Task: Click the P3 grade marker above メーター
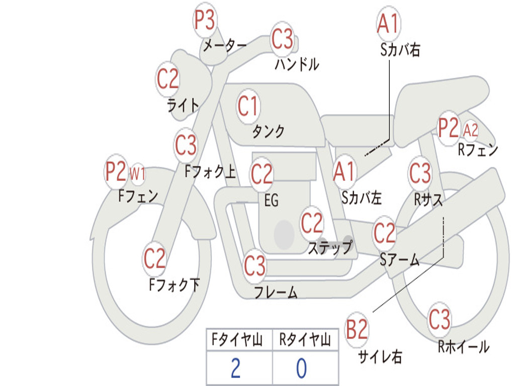click(x=205, y=20)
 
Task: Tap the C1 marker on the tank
click(x=248, y=107)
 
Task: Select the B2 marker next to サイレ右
click(x=357, y=329)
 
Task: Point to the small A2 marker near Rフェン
click(x=471, y=130)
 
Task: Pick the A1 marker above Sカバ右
click(x=389, y=24)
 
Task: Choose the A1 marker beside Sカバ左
click(x=344, y=171)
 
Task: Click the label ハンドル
click(x=297, y=64)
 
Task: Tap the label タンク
click(x=269, y=131)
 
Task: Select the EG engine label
click(x=271, y=200)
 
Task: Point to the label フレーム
click(x=276, y=292)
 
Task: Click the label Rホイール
click(x=464, y=347)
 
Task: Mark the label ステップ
click(x=330, y=247)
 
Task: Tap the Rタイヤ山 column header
click(x=305, y=339)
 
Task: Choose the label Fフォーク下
click(x=175, y=284)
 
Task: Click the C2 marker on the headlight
click(x=167, y=79)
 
